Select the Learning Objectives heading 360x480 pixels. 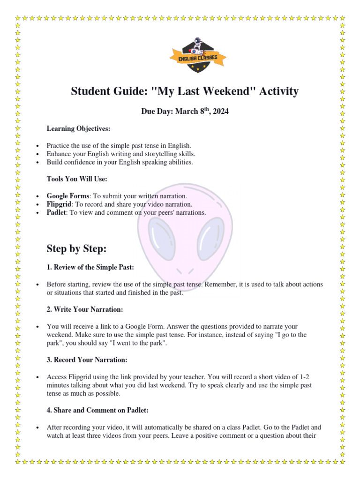click(x=78, y=128)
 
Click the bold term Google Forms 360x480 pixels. click(x=67, y=196)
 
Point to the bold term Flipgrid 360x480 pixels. click(x=59, y=204)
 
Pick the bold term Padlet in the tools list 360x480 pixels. click(x=56, y=212)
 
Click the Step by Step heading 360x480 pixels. click(x=76, y=248)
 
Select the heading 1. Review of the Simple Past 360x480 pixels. click(x=90, y=267)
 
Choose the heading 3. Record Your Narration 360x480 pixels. click(x=87, y=360)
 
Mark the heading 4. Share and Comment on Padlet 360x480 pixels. click(x=97, y=410)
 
